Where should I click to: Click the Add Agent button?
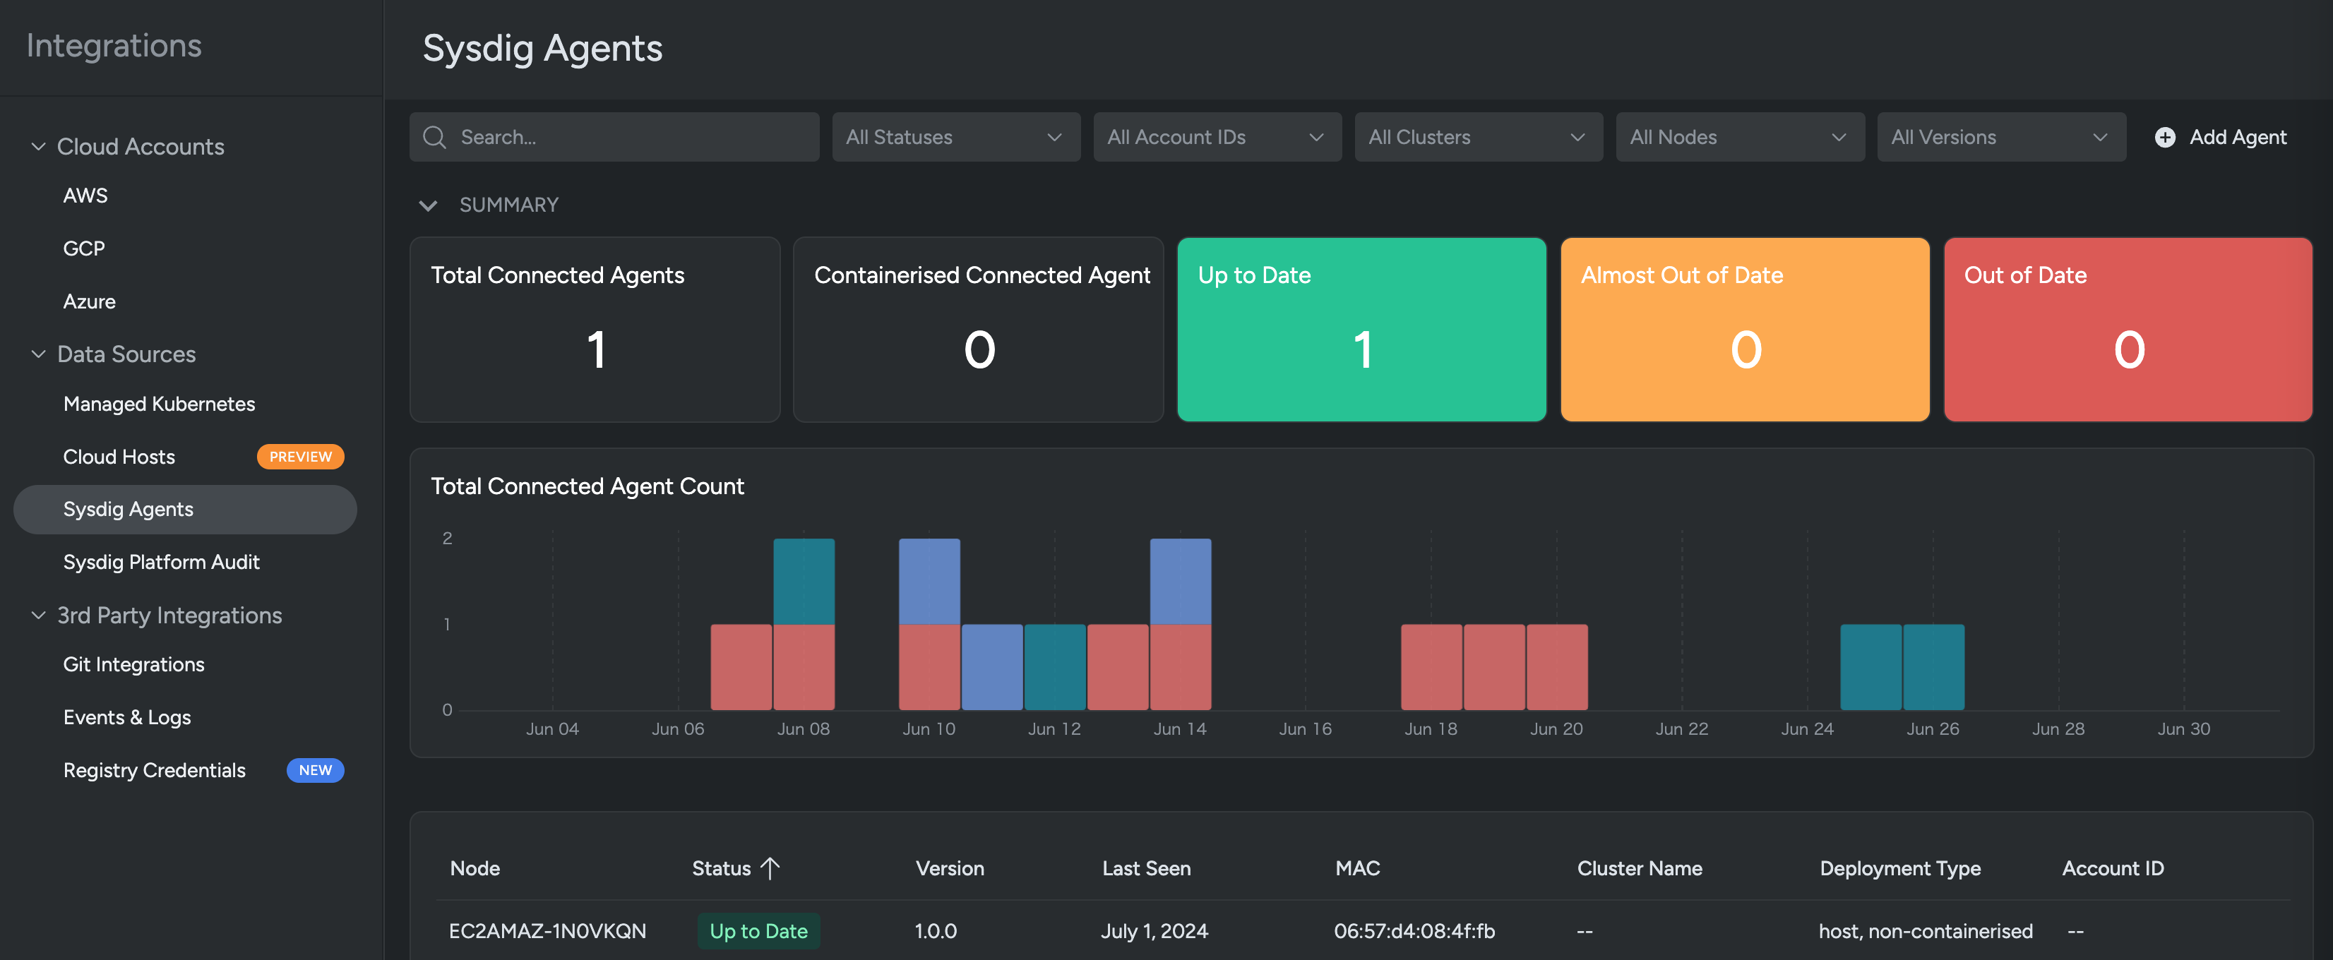(2221, 137)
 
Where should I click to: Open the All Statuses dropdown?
(955, 137)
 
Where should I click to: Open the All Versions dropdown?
(2000, 137)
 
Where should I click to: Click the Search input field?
(625, 137)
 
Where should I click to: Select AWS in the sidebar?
(85, 196)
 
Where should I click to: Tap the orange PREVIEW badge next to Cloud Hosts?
(300, 457)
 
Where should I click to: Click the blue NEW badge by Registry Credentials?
(315, 770)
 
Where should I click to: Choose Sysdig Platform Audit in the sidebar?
(161, 561)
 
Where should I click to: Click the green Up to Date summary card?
(1361, 330)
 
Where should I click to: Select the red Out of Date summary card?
(2128, 330)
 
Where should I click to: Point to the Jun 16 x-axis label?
(1305, 729)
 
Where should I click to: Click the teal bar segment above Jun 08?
(804, 582)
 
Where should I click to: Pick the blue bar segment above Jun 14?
(1180, 582)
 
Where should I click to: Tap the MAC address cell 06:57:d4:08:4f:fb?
(1414, 931)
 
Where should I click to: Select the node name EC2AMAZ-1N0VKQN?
(547, 931)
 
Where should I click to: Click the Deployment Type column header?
(1899, 868)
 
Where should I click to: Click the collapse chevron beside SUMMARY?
(429, 205)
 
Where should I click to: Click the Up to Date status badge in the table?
(758, 931)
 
